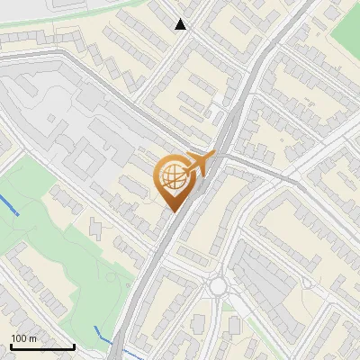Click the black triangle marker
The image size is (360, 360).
(181, 24)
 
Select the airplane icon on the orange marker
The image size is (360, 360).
(200, 163)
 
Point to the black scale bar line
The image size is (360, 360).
(42, 346)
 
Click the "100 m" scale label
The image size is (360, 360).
(24, 338)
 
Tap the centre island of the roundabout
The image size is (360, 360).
(218, 286)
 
